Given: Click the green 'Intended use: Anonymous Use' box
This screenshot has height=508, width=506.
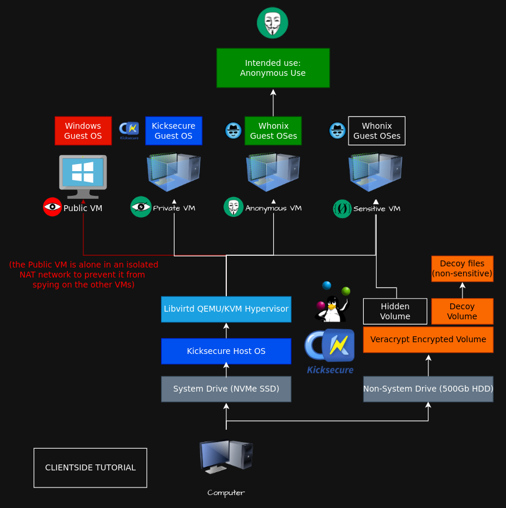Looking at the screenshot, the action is pyautogui.click(x=273, y=68).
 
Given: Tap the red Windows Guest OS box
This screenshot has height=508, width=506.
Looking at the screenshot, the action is pyautogui.click(x=83, y=131).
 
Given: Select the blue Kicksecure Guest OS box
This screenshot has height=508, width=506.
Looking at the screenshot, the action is pyautogui.click(x=173, y=131).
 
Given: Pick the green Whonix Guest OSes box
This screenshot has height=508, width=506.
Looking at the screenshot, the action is pyautogui.click(x=273, y=131).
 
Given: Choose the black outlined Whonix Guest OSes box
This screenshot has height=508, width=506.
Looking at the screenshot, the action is pyautogui.click(x=377, y=131).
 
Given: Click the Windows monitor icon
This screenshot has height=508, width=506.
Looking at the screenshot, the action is pyautogui.click(x=83, y=176).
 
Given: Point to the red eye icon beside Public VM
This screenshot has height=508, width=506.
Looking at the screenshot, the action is pyautogui.click(x=52, y=207).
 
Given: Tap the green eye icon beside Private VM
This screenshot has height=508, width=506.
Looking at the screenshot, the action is pyautogui.click(x=140, y=207).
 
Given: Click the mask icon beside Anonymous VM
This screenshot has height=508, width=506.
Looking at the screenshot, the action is pyautogui.click(x=233, y=207).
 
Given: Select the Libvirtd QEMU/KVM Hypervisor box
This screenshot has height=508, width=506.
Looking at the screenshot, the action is pyautogui.click(x=226, y=309).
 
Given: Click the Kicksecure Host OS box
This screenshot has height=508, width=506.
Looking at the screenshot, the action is pyautogui.click(x=226, y=351).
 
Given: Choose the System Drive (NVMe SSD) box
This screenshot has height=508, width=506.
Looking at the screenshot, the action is pyautogui.click(x=226, y=389).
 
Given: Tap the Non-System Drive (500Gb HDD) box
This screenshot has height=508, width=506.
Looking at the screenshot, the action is pyautogui.click(x=428, y=389).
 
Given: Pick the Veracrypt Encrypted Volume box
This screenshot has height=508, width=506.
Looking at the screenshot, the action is pyautogui.click(x=428, y=340).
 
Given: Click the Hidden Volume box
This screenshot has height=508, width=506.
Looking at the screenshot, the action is pyautogui.click(x=396, y=312).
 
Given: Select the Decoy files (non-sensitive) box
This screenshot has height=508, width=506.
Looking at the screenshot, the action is pyautogui.click(x=463, y=269).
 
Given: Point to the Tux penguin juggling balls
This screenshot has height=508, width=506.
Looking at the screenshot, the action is pyautogui.click(x=333, y=302).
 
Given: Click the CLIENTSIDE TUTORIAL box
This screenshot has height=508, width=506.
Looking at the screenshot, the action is pyautogui.click(x=91, y=468).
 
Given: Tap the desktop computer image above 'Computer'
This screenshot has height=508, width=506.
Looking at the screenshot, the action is pyautogui.click(x=226, y=457).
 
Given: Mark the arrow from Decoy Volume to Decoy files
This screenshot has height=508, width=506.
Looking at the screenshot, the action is pyautogui.click(x=463, y=290).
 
